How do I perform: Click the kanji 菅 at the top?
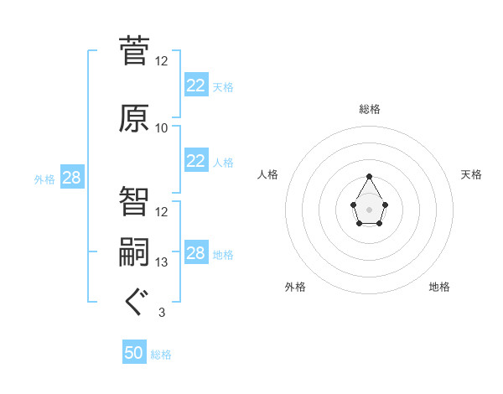coord(134,50)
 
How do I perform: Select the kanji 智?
coord(134,201)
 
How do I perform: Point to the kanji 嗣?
coord(134,252)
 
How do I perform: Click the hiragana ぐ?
coord(134,303)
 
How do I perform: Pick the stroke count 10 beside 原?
coord(162,128)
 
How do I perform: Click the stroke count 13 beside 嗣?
coord(162,262)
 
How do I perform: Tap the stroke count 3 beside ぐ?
coord(162,313)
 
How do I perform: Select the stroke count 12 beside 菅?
coord(162,61)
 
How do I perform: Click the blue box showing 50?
coord(134,354)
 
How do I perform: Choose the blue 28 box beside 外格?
coord(71,178)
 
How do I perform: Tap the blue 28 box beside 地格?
coord(195,253)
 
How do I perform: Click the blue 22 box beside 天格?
coord(195,86)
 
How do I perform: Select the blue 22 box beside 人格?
coord(195,161)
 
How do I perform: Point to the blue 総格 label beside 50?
coord(161,355)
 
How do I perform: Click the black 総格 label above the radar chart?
coord(369,109)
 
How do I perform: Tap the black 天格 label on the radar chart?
coord(471,174)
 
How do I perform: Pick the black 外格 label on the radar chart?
coord(295,287)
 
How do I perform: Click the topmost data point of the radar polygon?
coord(369,176)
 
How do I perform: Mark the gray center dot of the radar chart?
coord(369,208)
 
